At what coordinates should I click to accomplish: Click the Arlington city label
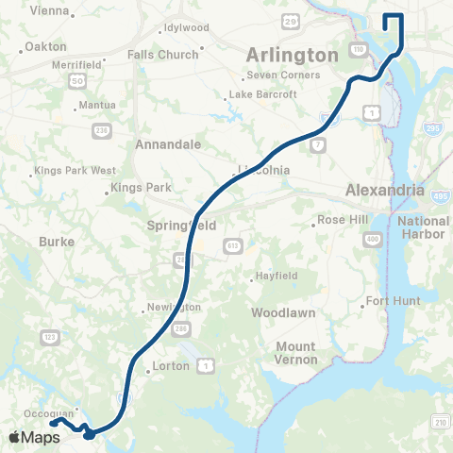click(x=293, y=56)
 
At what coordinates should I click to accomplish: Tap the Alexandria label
click(x=384, y=190)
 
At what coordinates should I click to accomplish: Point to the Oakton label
click(x=45, y=46)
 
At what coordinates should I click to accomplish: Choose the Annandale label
click(x=168, y=145)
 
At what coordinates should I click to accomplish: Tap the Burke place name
click(x=56, y=242)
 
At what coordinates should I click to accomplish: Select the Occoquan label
click(x=48, y=413)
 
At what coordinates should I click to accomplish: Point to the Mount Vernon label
click(x=295, y=353)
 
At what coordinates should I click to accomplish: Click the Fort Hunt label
click(x=391, y=301)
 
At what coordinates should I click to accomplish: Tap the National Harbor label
click(x=424, y=226)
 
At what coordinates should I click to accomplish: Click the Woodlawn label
click(x=282, y=312)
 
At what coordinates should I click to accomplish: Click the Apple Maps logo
click(x=34, y=437)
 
